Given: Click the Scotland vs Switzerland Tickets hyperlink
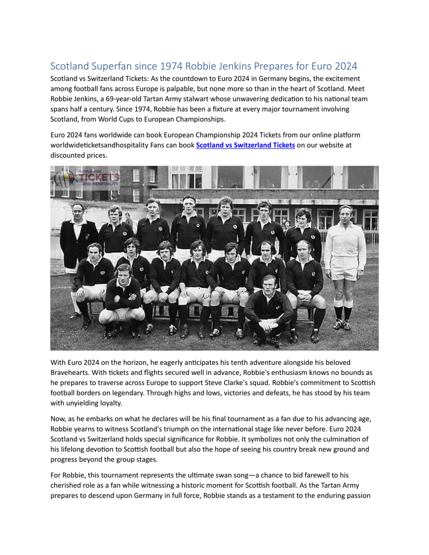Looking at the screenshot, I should [x=245, y=145].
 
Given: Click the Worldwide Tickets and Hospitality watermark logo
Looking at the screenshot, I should [x=85, y=178].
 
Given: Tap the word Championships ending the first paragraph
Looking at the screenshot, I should [x=201, y=119].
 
